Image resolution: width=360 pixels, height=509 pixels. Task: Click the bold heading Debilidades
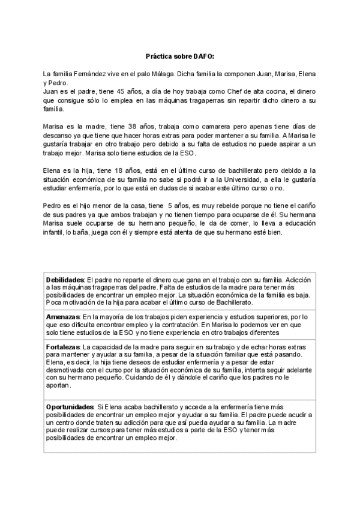tap(66, 279)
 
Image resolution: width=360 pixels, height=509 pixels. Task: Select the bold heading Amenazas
tap(63, 316)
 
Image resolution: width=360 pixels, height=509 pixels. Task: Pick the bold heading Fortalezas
tap(63, 347)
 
